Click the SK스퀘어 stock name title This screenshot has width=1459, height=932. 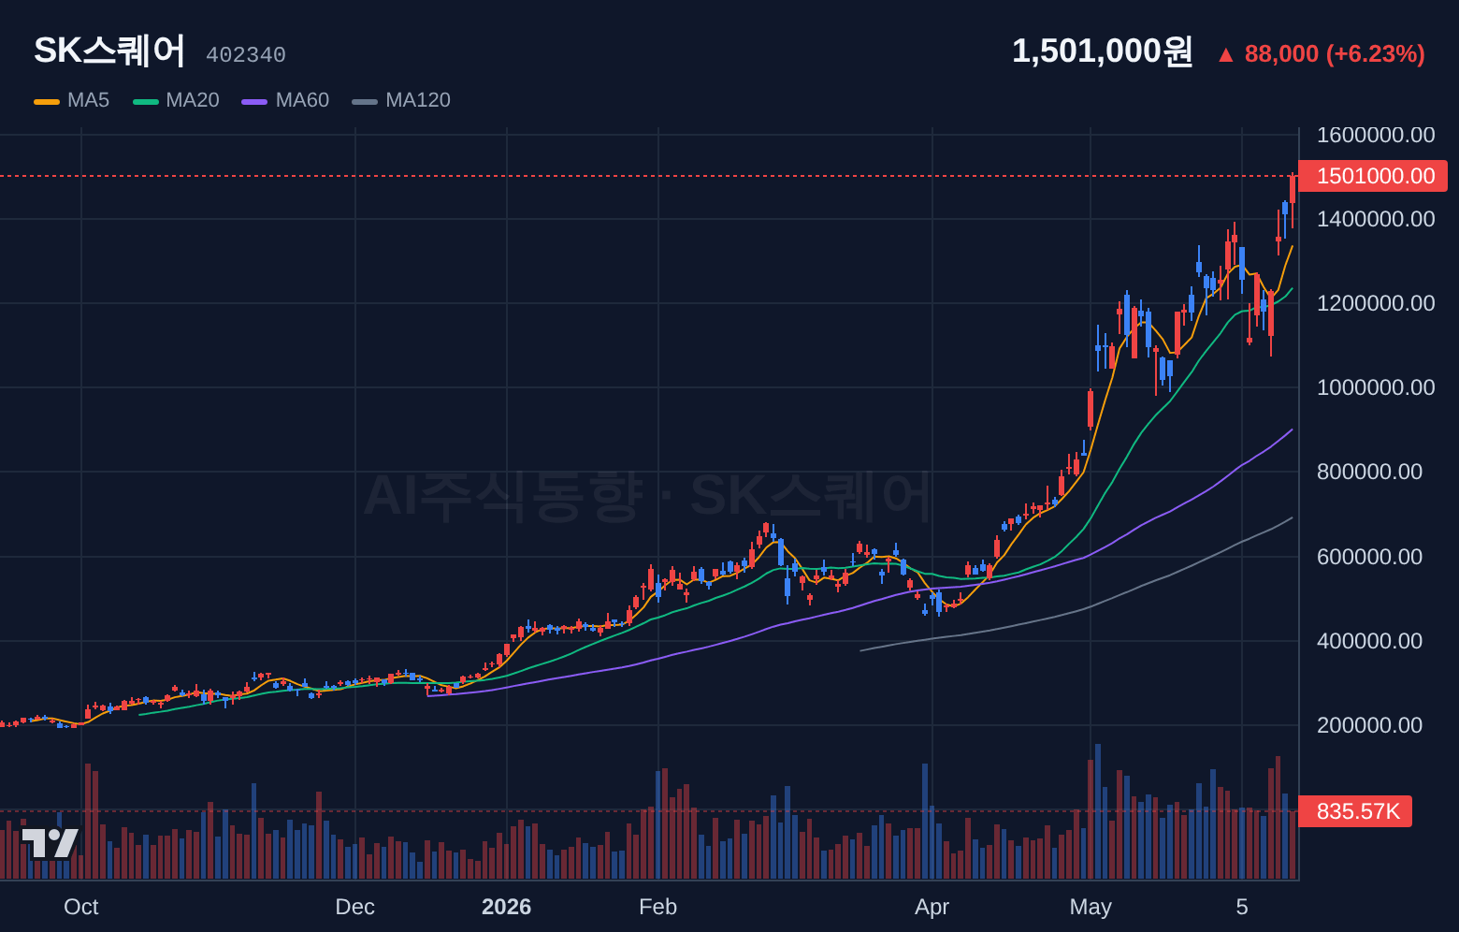click(109, 51)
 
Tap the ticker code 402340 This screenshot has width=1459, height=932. click(246, 55)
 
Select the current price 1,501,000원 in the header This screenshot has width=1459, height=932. click(1102, 51)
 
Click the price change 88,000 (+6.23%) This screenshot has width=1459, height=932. click(1335, 53)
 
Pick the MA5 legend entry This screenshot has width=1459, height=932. click(72, 100)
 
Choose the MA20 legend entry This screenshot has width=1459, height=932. click(176, 100)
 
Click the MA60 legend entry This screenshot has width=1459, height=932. click(285, 100)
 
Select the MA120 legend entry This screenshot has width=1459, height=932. click(401, 100)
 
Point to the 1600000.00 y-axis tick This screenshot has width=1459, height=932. click(1376, 135)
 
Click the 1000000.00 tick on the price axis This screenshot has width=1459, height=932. click(1376, 387)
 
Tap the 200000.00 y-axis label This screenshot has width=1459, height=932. click(1369, 725)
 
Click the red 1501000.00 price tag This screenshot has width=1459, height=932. click(1373, 176)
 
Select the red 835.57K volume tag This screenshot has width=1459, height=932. click(1355, 811)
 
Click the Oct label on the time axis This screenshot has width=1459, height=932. click(80, 907)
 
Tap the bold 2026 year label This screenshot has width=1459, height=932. click(506, 907)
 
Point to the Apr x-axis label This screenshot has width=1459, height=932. click(932, 907)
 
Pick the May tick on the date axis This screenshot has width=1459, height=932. click(1091, 907)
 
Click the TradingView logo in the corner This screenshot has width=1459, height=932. click(51, 843)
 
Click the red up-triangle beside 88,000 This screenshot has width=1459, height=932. click(1226, 55)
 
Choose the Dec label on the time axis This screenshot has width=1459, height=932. click(354, 907)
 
